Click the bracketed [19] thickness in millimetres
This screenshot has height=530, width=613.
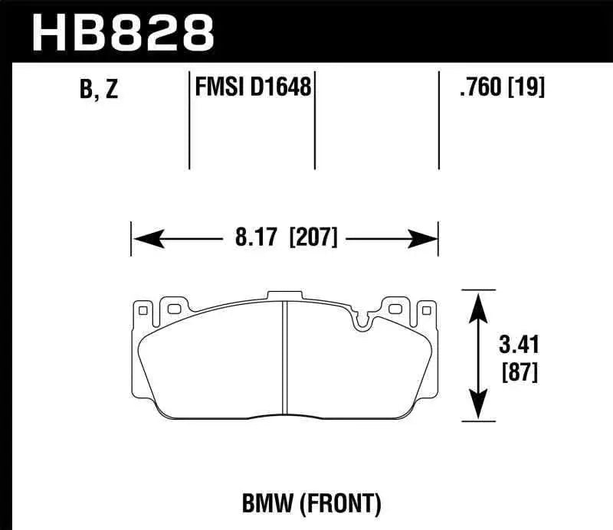[527, 88]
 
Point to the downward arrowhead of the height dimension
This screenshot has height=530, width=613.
[478, 407]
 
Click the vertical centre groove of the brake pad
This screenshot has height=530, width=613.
[284, 360]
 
